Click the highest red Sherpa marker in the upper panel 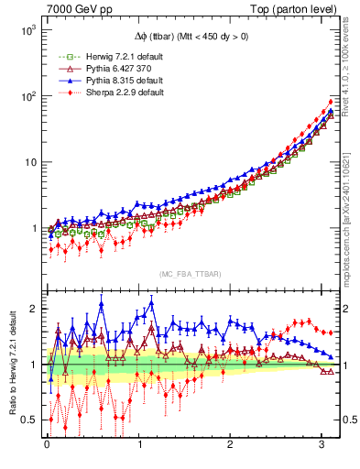(x=331, y=102)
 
